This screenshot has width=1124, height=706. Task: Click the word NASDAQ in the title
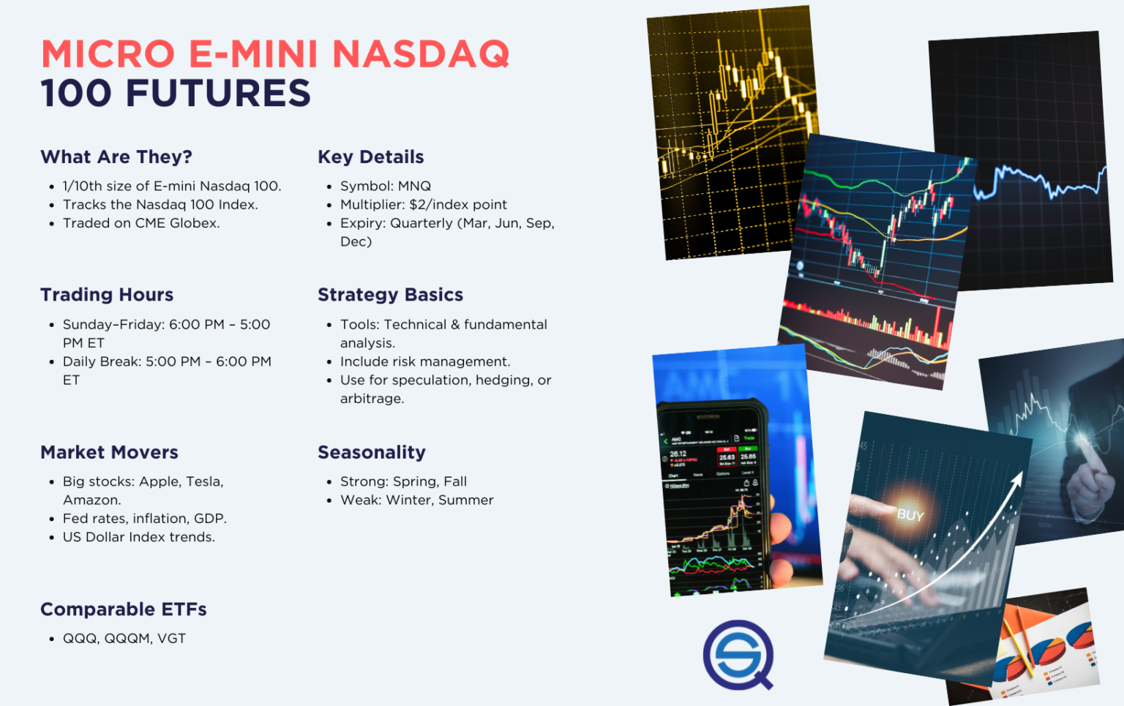click(421, 54)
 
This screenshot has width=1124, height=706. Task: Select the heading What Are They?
click(116, 157)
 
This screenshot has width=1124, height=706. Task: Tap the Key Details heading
click(370, 157)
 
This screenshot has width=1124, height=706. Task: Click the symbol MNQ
click(414, 187)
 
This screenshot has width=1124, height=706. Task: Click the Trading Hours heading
click(107, 295)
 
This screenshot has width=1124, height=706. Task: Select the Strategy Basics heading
click(390, 295)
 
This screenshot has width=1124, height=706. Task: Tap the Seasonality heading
click(371, 453)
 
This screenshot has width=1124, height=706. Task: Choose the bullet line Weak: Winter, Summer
click(416, 500)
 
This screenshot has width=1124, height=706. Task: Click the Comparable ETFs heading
click(123, 609)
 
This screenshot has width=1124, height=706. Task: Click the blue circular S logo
click(738, 654)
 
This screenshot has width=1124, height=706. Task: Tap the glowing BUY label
click(910, 515)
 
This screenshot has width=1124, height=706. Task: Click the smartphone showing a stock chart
click(713, 497)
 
